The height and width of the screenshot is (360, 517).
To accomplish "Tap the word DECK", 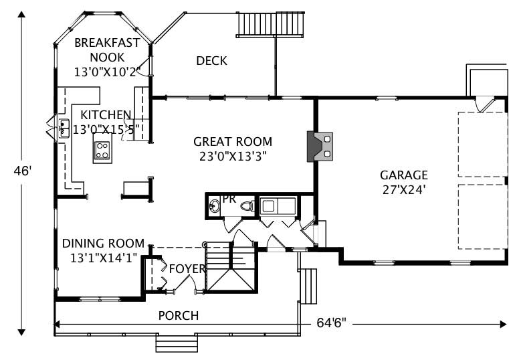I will point(211,61).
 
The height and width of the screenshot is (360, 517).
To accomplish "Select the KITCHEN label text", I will point(101,115).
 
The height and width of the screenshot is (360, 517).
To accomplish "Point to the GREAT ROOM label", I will point(233,141).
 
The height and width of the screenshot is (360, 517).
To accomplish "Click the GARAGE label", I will point(403,175).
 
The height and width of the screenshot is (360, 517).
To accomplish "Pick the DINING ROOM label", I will point(104,243).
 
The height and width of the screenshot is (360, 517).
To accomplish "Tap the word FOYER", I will point(187,269).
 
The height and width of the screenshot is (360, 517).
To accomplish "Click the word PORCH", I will point(178,315).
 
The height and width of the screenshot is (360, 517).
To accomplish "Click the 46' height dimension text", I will point(22,171).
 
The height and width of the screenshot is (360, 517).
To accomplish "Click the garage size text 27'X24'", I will point(403,189).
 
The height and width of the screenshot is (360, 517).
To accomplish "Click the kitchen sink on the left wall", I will point(64,128).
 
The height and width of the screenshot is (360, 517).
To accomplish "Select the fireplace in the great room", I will point(320,147).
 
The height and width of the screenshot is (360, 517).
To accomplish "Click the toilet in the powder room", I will point(246,206).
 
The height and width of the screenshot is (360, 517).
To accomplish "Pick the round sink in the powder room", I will point(215,206).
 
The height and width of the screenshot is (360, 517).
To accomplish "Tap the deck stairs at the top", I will point(270,25).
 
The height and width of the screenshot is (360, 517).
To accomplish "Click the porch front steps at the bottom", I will point(177,343).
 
